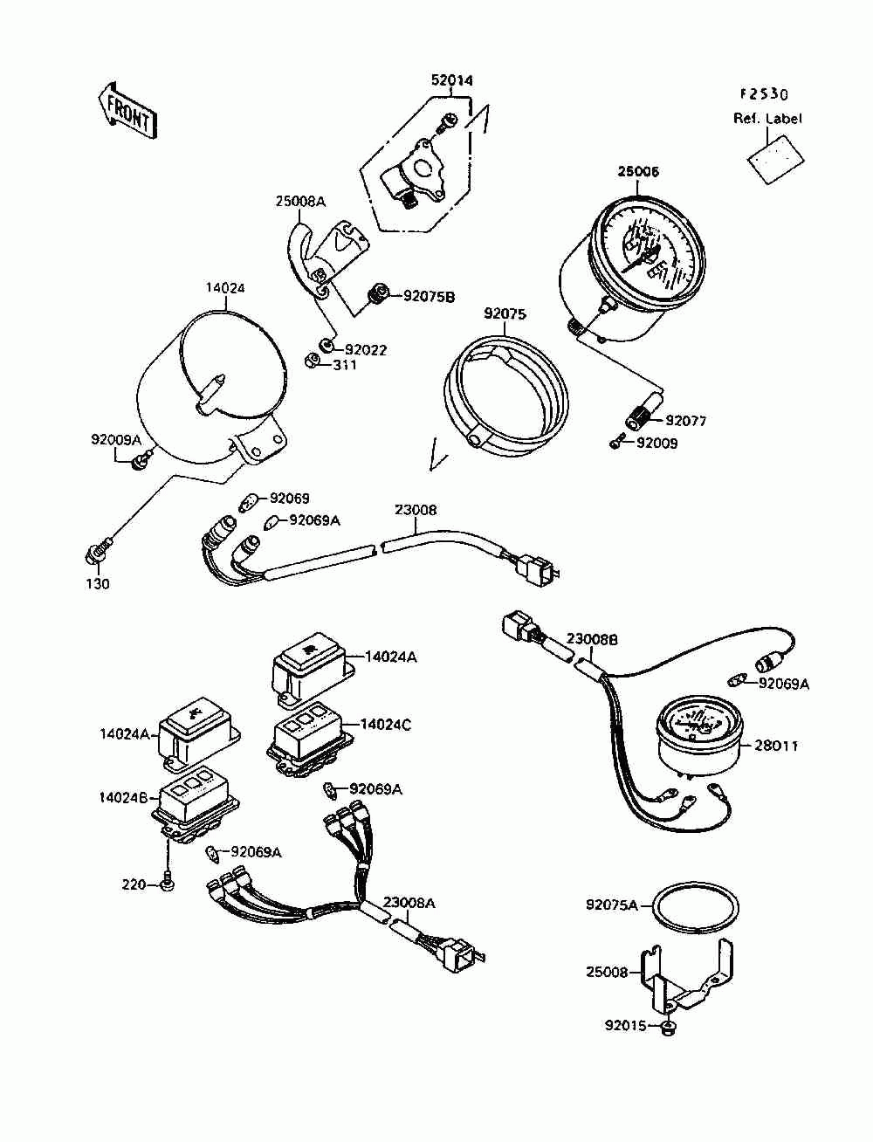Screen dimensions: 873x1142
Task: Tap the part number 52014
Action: point(451,80)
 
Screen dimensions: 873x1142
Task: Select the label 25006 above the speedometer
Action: point(637,172)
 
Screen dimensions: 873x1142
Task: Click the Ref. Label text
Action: point(766,119)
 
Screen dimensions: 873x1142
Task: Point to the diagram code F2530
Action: point(764,94)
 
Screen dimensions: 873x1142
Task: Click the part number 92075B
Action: point(429,297)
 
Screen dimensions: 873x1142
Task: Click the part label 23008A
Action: point(409,903)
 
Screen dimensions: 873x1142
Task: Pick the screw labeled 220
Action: point(168,883)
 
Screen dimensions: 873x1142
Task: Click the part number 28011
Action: point(776,746)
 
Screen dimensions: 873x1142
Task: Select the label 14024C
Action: point(385,724)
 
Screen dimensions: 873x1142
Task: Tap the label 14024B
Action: point(124,798)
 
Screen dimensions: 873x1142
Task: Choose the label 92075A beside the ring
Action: point(611,905)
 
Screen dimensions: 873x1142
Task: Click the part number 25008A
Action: point(300,202)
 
